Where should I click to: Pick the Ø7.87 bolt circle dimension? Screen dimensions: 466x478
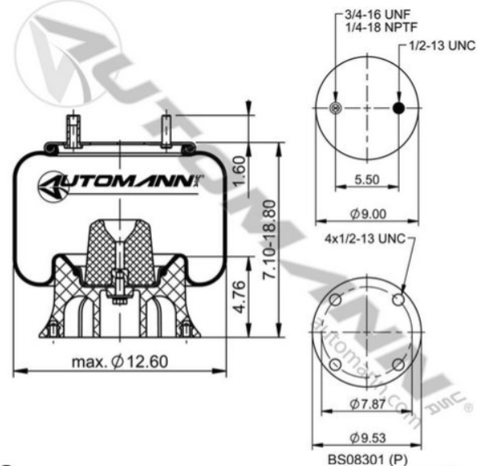coord(367,403)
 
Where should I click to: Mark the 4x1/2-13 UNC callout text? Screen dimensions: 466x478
coord(363,240)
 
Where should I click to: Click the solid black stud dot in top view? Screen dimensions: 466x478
coord(398,109)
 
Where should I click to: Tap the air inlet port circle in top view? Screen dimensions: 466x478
coord(338,109)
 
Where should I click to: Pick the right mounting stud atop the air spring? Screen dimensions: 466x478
coord(166,129)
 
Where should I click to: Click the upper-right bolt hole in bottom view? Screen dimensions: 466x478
coord(398,300)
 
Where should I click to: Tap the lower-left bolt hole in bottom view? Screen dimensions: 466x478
coord(337,365)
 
